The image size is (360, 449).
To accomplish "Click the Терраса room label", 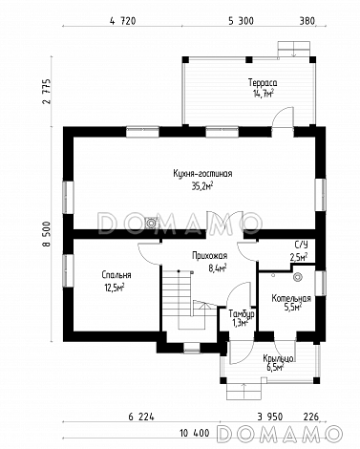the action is click(263, 83).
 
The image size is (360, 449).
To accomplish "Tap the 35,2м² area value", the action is click(202, 186).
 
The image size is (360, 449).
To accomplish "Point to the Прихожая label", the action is click(209, 256).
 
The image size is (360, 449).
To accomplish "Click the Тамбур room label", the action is click(242, 314).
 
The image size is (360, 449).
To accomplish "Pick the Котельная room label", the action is click(291, 299).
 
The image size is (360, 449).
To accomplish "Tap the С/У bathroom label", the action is click(301, 245).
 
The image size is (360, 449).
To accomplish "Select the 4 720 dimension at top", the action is click(122, 21).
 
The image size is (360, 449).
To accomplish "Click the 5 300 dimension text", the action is click(241, 21).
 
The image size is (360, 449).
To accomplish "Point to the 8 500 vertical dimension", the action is click(47, 234).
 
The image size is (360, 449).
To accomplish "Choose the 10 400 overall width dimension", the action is click(195, 433).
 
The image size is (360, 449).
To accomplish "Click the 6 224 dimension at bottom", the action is click(141, 417).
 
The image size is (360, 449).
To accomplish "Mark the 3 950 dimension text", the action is click(269, 417).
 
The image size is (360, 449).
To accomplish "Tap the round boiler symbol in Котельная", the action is click(298, 277).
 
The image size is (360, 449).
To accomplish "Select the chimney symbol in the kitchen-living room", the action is click(151, 223).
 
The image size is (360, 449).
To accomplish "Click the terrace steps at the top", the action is click(293, 50).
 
